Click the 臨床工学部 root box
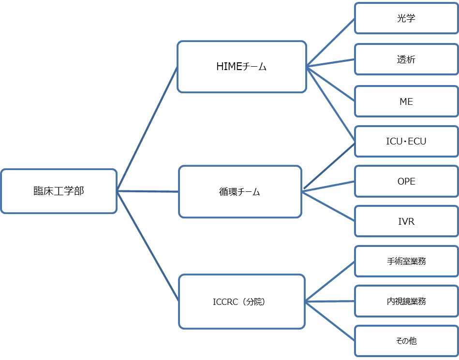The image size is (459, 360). [x=59, y=191]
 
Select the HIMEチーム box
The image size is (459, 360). [x=242, y=67]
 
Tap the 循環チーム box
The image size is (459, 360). [x=240, y=192]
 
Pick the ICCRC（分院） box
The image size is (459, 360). [x=242, y=302]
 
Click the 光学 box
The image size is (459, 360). [x=406, y=18]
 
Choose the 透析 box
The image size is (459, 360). [x=406, y=59]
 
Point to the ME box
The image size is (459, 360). [x=406, y=101]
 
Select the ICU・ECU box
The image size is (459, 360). [x=406, y=141]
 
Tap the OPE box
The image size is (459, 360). [x=406, y=181]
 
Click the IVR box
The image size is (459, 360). [x=406, y=221]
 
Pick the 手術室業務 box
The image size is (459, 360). [x=406, y=261]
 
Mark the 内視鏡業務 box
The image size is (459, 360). [x=406, y=301]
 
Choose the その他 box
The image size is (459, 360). [x=406, y=341]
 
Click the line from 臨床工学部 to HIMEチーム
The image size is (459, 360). [x=147, y=129]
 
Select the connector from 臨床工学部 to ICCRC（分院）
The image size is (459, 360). [x=148, y=246]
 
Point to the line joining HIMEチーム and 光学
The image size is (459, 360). [x=330, y=43]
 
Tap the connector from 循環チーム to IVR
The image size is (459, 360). [x=328, y=206]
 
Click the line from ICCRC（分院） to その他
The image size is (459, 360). [x=330, y=321]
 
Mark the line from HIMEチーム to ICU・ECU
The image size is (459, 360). [x=331, y=105]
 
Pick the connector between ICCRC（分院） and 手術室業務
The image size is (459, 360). [x=330, y=281]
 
